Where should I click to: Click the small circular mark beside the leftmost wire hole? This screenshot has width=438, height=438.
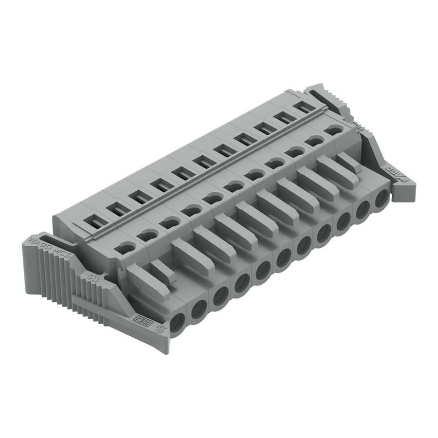[x=159, y=328]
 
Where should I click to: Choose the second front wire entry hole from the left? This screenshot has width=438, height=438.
[x=199, y=310]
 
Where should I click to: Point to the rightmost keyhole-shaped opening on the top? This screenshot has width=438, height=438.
[x=333, y=130]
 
